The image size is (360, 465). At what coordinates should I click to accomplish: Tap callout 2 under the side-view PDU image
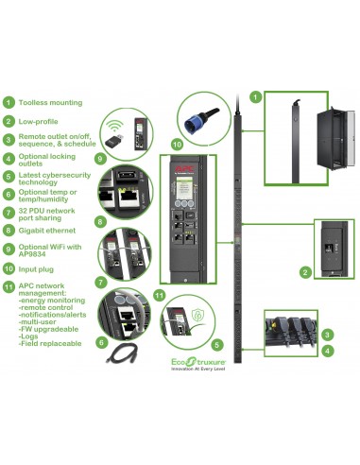(304, 272)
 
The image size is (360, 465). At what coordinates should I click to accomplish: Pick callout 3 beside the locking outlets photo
(326, 334)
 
